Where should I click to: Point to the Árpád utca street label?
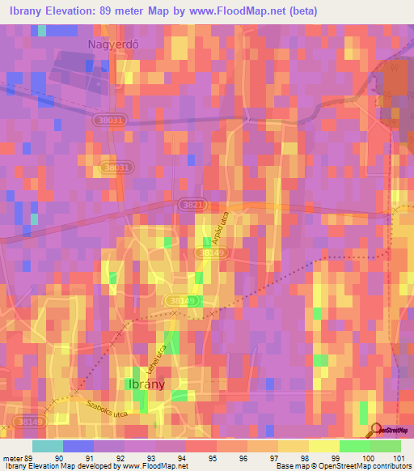tap(216, 230)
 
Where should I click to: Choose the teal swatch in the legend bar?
tap(48, 446)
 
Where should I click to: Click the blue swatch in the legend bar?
tap(78, 446)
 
